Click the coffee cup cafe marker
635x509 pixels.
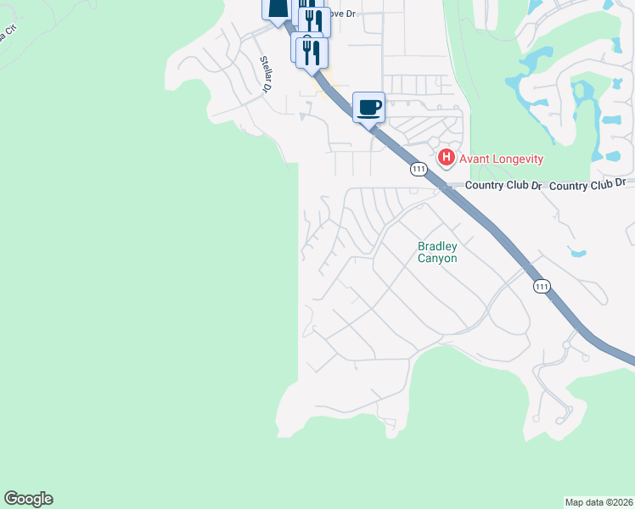[368, 108]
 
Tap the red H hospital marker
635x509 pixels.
[445, 158]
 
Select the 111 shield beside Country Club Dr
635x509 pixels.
[418, 169]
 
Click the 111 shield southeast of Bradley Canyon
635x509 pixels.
[542, 287]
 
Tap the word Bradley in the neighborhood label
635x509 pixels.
[437, 247]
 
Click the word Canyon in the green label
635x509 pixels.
[437, 259]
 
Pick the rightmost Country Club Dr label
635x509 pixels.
[587, 183]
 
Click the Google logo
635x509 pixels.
[28, 499]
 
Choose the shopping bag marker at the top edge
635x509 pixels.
[277, 8]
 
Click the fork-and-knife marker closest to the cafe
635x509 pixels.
[312, 52]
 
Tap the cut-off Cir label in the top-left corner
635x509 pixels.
[8, 36]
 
